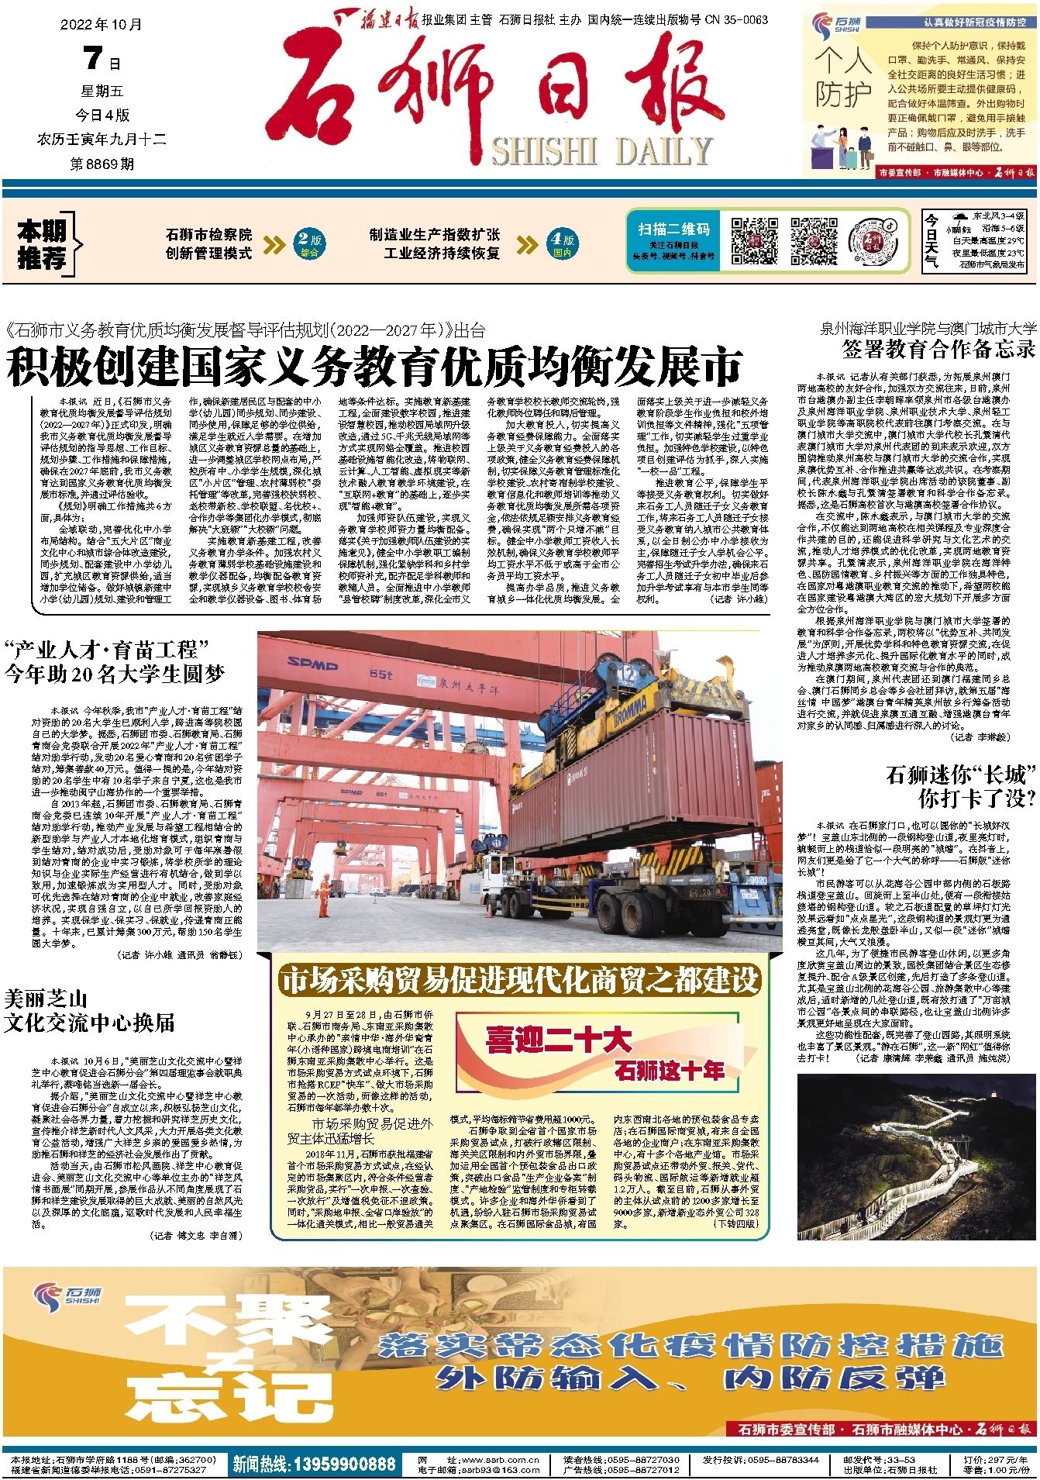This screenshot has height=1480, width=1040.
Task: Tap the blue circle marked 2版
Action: pyautogui.click(x=309, y=243)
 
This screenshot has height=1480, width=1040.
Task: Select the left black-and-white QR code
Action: pyautogui.click(x=755, y=241)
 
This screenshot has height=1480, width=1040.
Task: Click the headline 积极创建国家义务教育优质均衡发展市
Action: pyautogui.click(x=374, y=366)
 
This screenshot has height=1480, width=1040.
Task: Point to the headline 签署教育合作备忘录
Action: pyautogui.click(x=938, y=348)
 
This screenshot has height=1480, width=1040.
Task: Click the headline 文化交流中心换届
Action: pyautogui.click(x=89, y=1023)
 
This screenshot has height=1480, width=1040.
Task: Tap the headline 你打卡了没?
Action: pyautogui.click(x=976, y=799)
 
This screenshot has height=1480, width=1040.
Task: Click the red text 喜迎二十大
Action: pyautogui.click(x=558, y=1039)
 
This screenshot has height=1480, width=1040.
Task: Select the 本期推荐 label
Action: pyautogui.click(x=43, y=244)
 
